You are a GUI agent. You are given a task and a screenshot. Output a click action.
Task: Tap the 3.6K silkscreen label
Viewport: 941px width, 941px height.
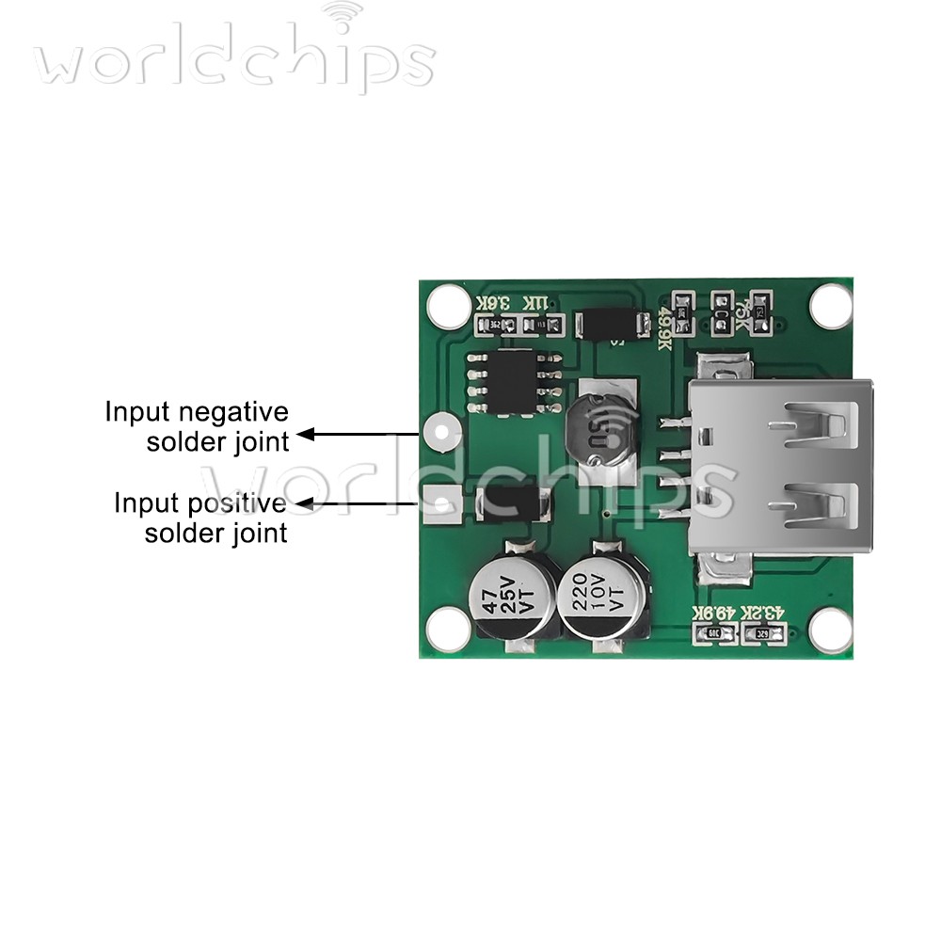point(493,303)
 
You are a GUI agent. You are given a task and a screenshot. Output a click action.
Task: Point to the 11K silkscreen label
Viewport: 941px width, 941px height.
point(534,303)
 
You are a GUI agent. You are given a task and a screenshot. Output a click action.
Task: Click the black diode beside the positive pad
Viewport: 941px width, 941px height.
point(514,505)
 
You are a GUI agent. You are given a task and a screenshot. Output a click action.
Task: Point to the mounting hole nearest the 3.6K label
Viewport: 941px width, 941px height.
point(449,305)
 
